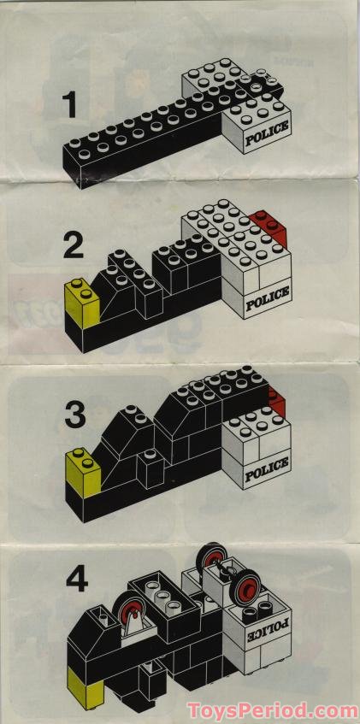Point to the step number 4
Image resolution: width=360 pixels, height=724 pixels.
(x=79, y=582)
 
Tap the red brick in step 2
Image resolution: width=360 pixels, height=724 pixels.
(x=274, y=227)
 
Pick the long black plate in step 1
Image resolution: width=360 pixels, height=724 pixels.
(x=137, y=145)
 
